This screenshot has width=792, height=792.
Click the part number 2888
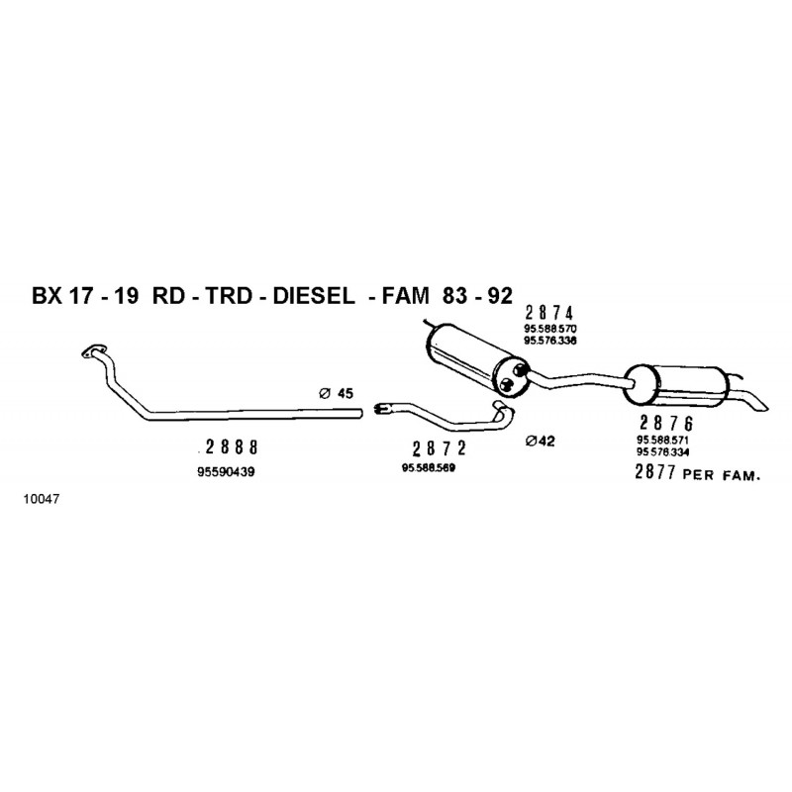point(232,447)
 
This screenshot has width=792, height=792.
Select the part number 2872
point(439,448)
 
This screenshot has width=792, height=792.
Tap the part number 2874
point(549,313)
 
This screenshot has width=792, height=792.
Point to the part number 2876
point(666,424)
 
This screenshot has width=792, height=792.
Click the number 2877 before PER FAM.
point(655,472)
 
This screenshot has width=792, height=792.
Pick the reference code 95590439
point(227,472)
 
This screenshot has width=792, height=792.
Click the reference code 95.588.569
point(429,468)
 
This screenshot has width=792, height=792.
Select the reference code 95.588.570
point(550,329)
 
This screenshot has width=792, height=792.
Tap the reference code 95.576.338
point(550,341)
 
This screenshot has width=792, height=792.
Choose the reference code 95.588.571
point(662,440)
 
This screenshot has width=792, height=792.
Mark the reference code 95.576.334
point(662,452)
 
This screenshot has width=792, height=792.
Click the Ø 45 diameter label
point(337,393)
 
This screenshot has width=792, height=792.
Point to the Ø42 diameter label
point(540,441)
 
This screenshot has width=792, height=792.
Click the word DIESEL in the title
point(314,296)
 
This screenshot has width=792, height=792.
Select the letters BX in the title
point(47,296)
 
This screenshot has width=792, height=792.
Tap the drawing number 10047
point(42,499)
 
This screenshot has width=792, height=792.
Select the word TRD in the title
point(228,296)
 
